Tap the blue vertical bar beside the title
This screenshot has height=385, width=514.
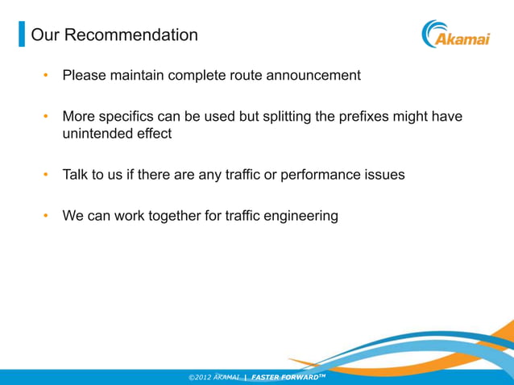[22, 35]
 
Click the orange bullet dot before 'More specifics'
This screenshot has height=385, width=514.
[47, 117]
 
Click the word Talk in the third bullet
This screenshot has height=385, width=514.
[77, 175]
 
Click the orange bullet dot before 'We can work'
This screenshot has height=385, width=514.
[47, 216]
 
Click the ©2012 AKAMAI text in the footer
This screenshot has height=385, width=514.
[213, 376]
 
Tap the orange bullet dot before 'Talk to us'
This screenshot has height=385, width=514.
[47, 175]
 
